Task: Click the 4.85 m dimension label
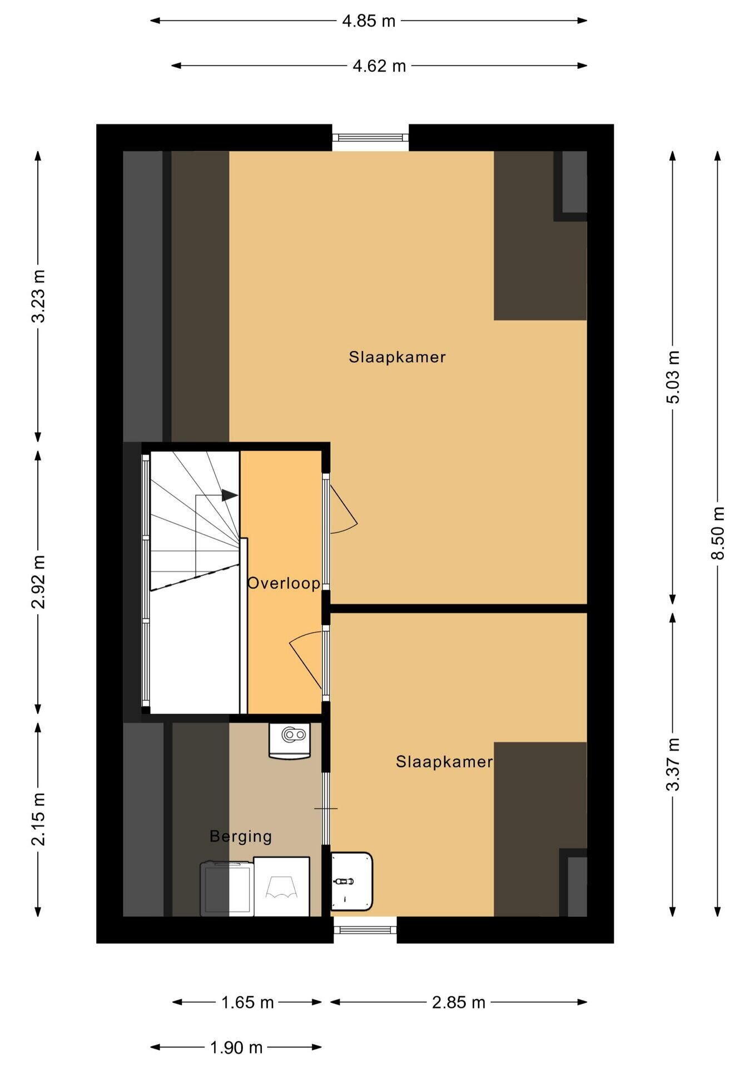pos(369,21)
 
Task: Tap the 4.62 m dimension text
pos(379,66)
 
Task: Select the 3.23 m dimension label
pos(38,296)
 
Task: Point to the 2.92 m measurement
pos(38,581)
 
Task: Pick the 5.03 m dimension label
pos(673,377)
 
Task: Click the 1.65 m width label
pos(247,1002)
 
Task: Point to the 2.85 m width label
pos(459,1002)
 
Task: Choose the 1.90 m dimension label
pos(236,1047)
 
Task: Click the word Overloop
pos(284,583)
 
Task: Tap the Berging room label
pos(241,837)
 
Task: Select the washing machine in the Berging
pos(282,886)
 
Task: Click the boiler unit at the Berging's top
pos(290,740)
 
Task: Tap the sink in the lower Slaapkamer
pos(351,881)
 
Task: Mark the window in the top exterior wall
pos(371,137)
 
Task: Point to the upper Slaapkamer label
pos(398,357)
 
